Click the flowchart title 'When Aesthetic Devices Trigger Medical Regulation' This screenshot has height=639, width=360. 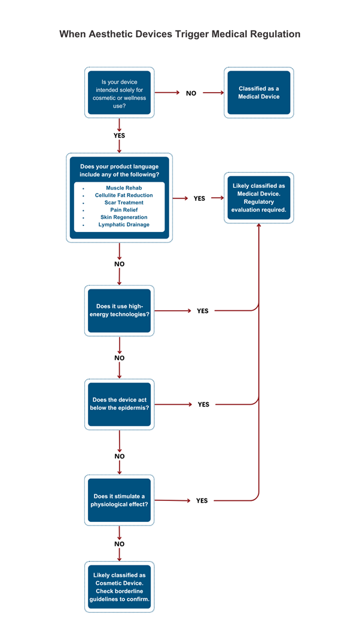pos(179,34)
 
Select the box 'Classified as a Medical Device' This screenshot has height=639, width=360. pos(258,93)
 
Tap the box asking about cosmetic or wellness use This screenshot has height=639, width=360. pos(119,93)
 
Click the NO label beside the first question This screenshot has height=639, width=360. pos(191,93)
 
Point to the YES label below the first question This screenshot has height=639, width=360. pos(119,136)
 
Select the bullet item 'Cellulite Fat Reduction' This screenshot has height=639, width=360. pos(124,195)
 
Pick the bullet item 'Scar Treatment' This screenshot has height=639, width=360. pos(124,203)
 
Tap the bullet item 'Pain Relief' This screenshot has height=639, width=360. pos(124,210)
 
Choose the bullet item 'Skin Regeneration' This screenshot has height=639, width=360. pos(124,218)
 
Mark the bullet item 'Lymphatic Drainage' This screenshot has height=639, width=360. pos(124,225)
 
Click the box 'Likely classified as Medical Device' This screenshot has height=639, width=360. pos(258,198)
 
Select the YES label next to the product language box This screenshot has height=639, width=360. pos(199,198)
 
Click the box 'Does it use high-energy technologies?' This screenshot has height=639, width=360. pos(119,310)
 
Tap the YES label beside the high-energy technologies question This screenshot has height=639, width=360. pos(203,311)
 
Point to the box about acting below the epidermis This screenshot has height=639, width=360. pos(119,404)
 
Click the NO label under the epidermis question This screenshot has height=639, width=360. pos(119,456)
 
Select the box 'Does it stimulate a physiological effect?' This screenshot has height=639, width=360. pos(119,500)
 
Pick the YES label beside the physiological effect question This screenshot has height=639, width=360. pos(202,500)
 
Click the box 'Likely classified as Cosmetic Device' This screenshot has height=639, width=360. pos(119,586)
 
